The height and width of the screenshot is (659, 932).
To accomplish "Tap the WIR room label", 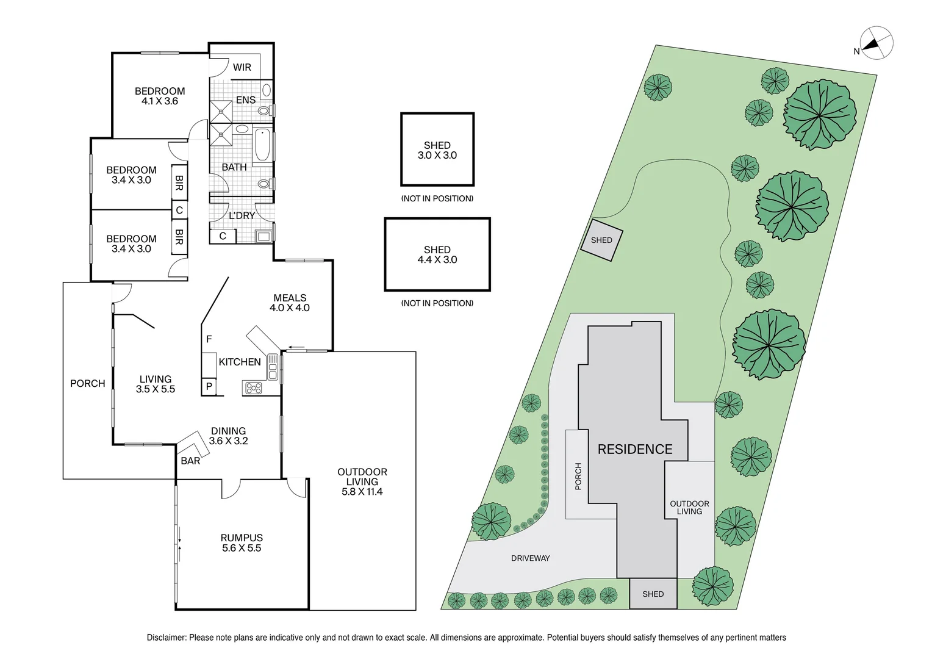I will pyautogui.click(x=242, y=67).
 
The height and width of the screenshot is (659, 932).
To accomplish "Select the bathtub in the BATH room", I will pyautogui.click(x=262, y=145).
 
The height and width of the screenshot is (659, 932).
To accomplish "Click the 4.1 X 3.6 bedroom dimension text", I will pyautogui.click(x=160, y=101).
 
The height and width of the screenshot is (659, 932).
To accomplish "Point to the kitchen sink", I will pyautogui.click(x=273, y=367).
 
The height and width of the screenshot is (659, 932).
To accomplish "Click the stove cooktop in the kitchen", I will pyautogui.click(x=253, y=387).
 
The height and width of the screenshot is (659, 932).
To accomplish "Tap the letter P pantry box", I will pyautogui.click(x=209, y=386).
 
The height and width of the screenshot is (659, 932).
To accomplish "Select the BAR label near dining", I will pyautogui.click(x=190, y=461).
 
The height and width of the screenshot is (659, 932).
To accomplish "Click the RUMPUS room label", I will pyautogui.click(x=242, y=538).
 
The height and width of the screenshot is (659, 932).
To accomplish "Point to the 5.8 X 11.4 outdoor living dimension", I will pyautogui.click(x=362, y=492).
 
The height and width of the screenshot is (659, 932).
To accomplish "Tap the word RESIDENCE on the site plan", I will pyautogui.click(x=634, y=450).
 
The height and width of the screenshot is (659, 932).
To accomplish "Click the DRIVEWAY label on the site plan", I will pyautogui.click(x=530, y=558).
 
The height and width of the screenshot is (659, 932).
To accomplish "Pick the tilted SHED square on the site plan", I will pyautogui.click(x=601, y=240).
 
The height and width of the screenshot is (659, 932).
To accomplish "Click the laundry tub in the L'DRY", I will pyautogui.click(x=263, y=236).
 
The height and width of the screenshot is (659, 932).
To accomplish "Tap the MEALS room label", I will pyautogui.click(x=290, y=298).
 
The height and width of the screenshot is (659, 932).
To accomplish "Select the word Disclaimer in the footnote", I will pyautogui.click(x=166, y=638).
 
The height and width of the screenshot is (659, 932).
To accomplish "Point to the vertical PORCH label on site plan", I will pyautogui.click(x=578, y=476).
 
